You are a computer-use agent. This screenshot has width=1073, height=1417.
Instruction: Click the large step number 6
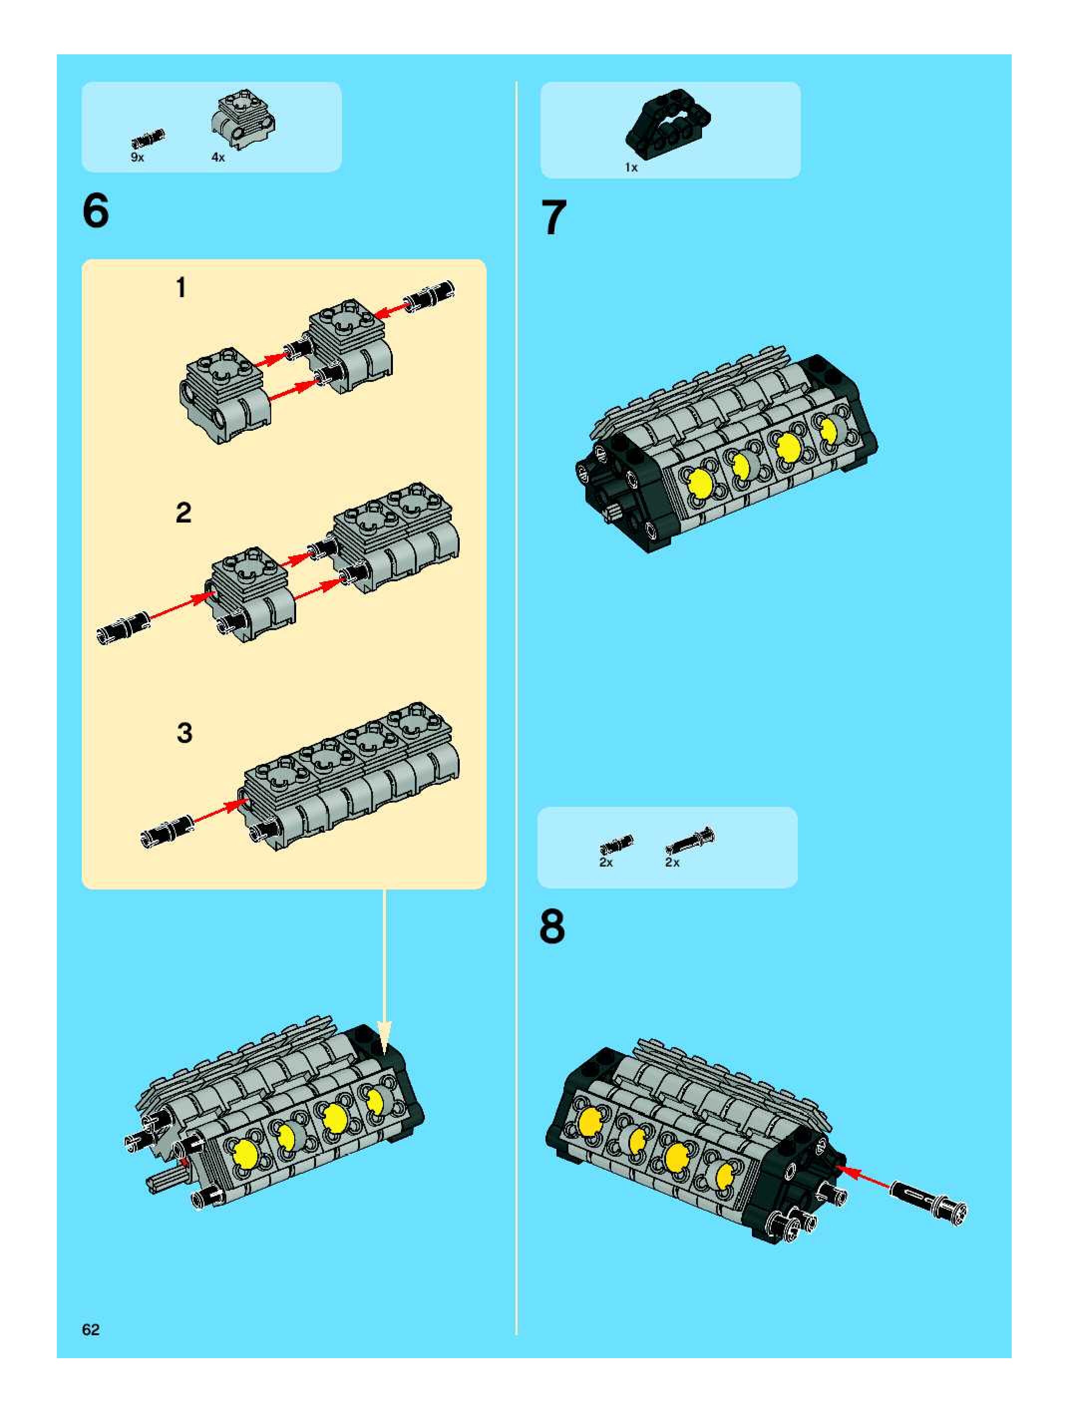96,211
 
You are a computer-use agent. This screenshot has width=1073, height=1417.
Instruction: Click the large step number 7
553,217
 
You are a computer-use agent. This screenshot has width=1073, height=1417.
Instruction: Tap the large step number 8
552,926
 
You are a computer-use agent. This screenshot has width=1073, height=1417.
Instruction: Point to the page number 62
91,1329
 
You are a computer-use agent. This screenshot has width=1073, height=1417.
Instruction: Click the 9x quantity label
137,158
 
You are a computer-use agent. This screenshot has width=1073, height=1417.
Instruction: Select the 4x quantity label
218,158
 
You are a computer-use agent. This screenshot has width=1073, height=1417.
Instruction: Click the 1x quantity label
631,167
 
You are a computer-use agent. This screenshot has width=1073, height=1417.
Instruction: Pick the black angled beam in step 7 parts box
668,121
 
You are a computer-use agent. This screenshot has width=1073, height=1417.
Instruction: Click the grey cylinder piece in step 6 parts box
244,119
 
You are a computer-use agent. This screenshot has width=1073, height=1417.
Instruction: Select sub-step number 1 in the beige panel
181,288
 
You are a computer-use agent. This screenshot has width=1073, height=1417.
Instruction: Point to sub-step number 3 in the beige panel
184,733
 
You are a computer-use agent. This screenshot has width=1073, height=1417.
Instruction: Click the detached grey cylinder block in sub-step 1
225,396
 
